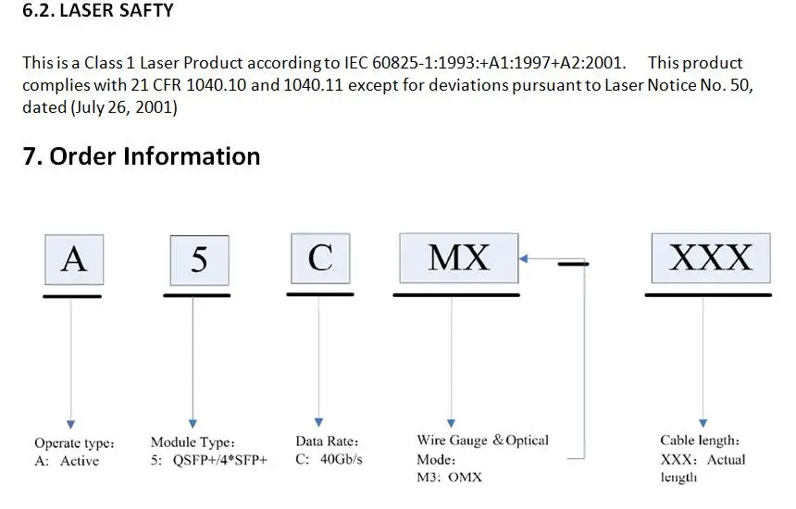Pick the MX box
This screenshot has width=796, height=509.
[x=459, y=257]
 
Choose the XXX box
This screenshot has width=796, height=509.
[x=711, y=257]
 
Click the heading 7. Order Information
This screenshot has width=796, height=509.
[x=141, y=155]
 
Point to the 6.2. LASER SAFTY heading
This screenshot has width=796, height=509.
[x=97, y=12]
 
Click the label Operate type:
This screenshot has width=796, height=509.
[x=74, y=442]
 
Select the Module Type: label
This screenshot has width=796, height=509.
[x=193, y=442]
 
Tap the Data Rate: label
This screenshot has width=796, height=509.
[x=327, y=441]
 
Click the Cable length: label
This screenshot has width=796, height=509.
[x=700, y=441]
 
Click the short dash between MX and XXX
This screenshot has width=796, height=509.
[x=572, y=263]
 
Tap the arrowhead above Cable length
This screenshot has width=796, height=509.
[x=703, y=423]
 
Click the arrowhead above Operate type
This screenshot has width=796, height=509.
[x=70, y=425]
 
